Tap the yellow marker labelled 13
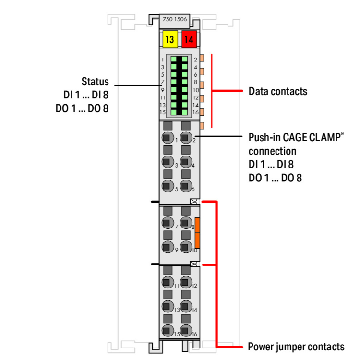(x=169, y=39)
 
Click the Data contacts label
(x=277, y=91)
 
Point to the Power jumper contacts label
(x=296, y=346)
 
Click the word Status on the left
(x=95, y=81)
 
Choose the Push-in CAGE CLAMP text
(x=296, y=138)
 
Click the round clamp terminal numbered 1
(x=167, y=138)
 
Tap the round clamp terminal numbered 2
(x=186, y=138)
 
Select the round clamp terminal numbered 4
(x=186, y=163)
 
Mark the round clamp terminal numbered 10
(x=186, y=248)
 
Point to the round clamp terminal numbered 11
(x=167, y=284)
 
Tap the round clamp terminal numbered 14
(x=186, y=307)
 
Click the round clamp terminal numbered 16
(x=186, y=331)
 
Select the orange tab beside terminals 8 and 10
(x=197, y=232)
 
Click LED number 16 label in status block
(x=196, y=112)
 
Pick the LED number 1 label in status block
(x=163, y=59)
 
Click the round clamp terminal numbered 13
(x=167, y=307)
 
